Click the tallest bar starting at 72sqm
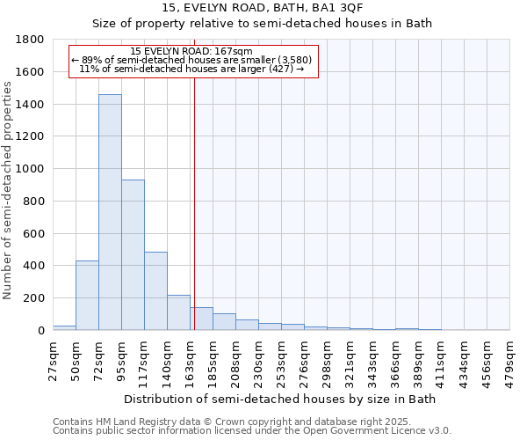point(110,212)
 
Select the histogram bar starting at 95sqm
point(133,255)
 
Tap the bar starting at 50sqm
point(87,296)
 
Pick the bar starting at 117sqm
point(155,291)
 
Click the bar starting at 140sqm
point(178,312)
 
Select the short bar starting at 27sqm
point(64,327)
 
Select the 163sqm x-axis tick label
point(191,359)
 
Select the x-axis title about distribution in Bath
point(280,399)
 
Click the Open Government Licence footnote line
point(252,431)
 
